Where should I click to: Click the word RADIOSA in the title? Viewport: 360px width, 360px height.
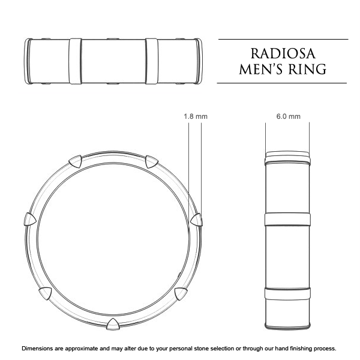[x=283, y=51]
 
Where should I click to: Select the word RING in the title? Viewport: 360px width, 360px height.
[x=307, y=68]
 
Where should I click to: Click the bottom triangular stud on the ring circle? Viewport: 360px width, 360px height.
[x=112, y=325]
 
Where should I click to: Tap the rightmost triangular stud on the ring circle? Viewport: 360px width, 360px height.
[x=196, y=220]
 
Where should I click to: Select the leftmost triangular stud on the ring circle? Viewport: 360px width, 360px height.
[x=28, y=220]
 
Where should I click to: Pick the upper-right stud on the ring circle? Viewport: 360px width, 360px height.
[x=152, y=161]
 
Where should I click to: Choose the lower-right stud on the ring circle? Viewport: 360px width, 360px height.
[x=180, y=292]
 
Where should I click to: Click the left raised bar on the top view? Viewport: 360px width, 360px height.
[x=76, y=61]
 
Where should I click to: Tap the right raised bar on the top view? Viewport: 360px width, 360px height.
[x=151, y=61]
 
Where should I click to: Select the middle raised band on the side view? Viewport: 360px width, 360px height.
[x=287, y=219]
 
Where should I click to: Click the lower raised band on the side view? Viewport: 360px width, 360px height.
[x=287, y=294]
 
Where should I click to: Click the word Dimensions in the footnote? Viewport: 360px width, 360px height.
[x=42, y=349]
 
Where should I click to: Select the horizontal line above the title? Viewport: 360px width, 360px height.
[x=282, y=40]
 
